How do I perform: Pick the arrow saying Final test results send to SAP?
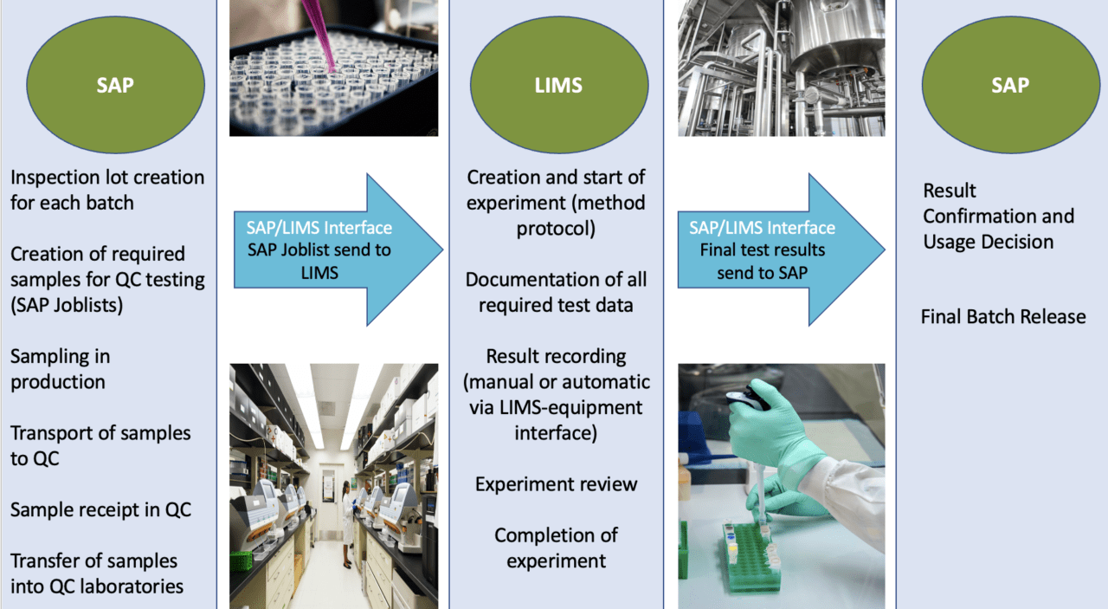[780, 249]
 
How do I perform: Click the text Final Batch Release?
[1002, 316]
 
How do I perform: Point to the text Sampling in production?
[60, 369]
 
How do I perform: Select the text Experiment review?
[556, 484]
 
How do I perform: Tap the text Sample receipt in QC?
[100, 509]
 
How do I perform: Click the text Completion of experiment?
[556, 547]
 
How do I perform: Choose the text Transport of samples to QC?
[100, 445]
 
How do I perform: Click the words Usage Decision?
[988, 242]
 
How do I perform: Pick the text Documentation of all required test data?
[556, 292]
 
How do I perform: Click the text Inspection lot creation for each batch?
[107, 190]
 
